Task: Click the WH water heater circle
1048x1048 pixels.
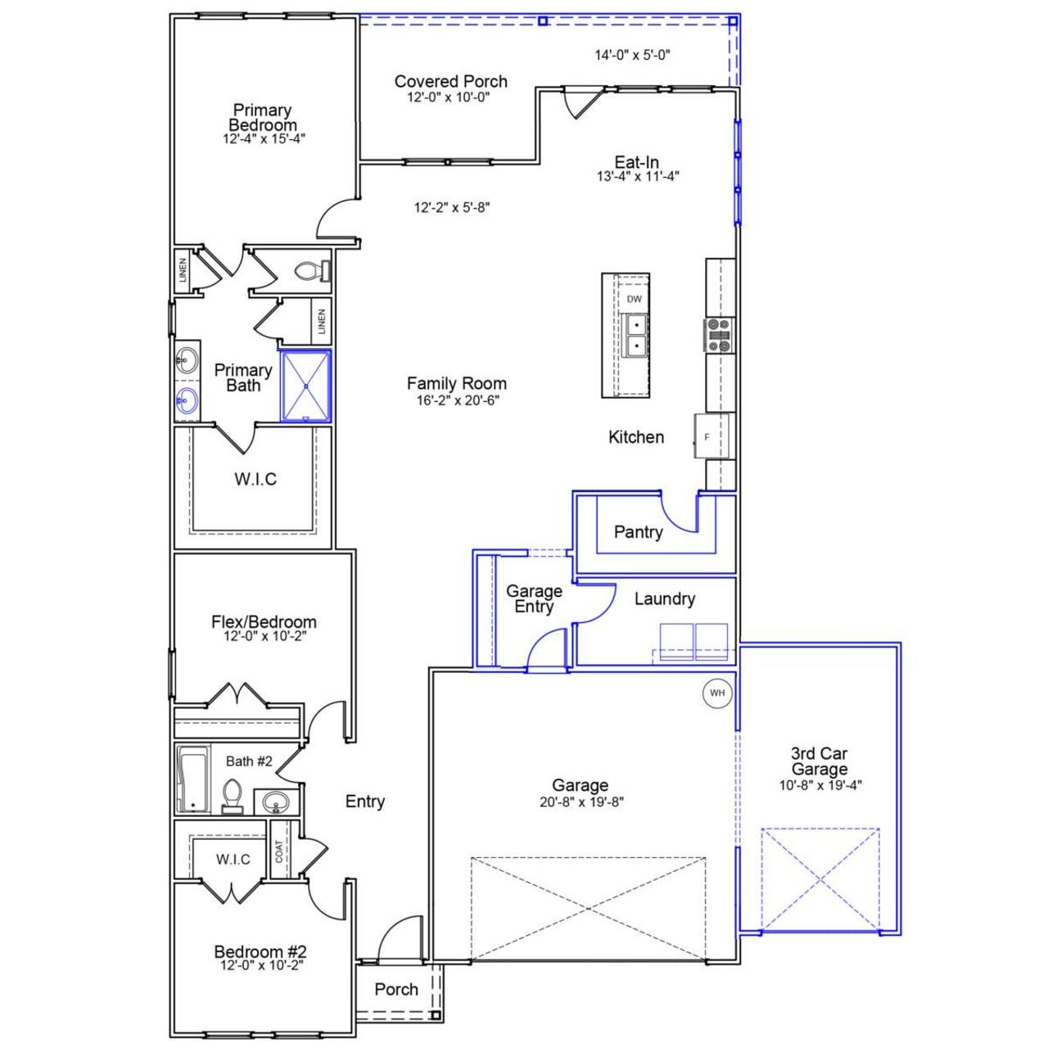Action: (717, 693)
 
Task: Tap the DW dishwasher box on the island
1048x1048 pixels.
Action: (635, 299)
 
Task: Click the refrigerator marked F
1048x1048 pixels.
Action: (709, 436)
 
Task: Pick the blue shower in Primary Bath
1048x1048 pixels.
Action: (306, 386)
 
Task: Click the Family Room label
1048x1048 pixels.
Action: (456, 383)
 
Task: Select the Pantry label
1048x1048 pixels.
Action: (638, 532)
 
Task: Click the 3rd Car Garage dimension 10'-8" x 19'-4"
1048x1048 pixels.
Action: (820, 785)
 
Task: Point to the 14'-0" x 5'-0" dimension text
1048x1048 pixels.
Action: (632, 55)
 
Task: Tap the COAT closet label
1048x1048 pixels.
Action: (279, 851)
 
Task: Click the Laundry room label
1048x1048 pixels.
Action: (664, 599)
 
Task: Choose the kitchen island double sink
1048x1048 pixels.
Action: (635, 336)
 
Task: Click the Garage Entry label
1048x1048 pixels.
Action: (534, 599)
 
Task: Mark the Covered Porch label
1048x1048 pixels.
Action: (450, 81)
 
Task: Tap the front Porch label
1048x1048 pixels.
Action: (396, 989)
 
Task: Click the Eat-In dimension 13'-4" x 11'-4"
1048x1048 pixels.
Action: (637, 175)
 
